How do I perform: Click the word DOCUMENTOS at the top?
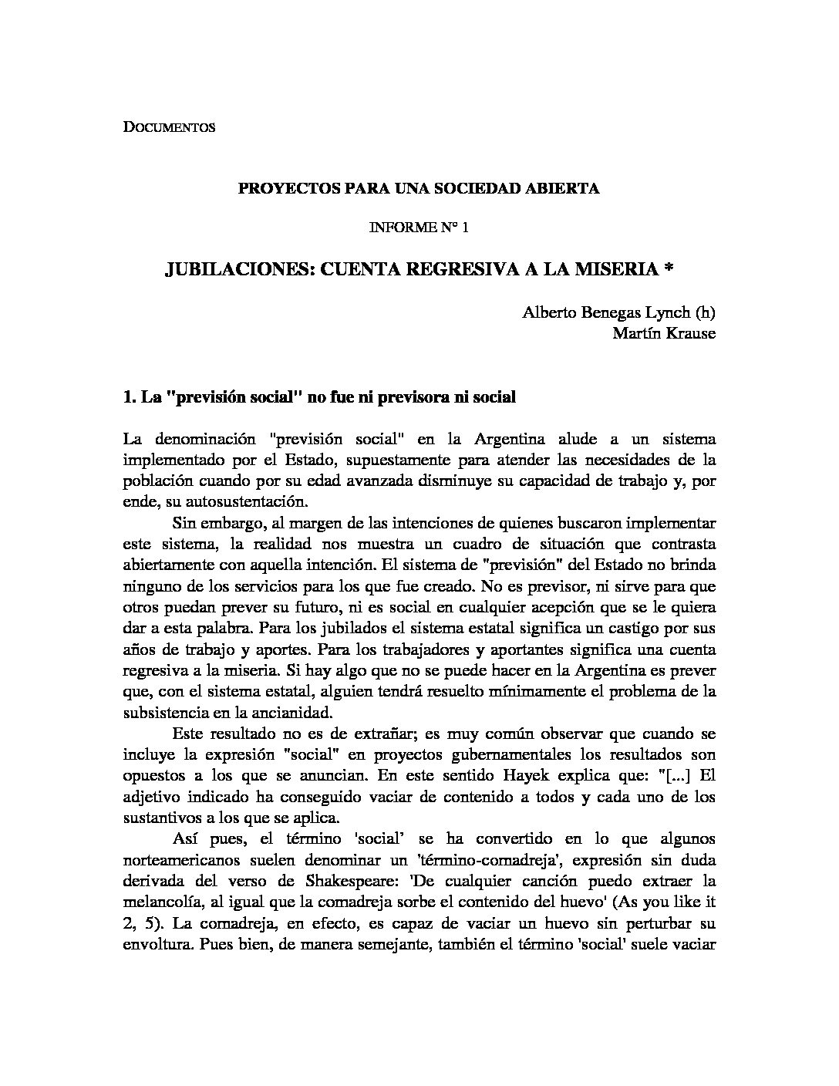coord(169,128)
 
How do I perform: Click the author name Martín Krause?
coord(664,333)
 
